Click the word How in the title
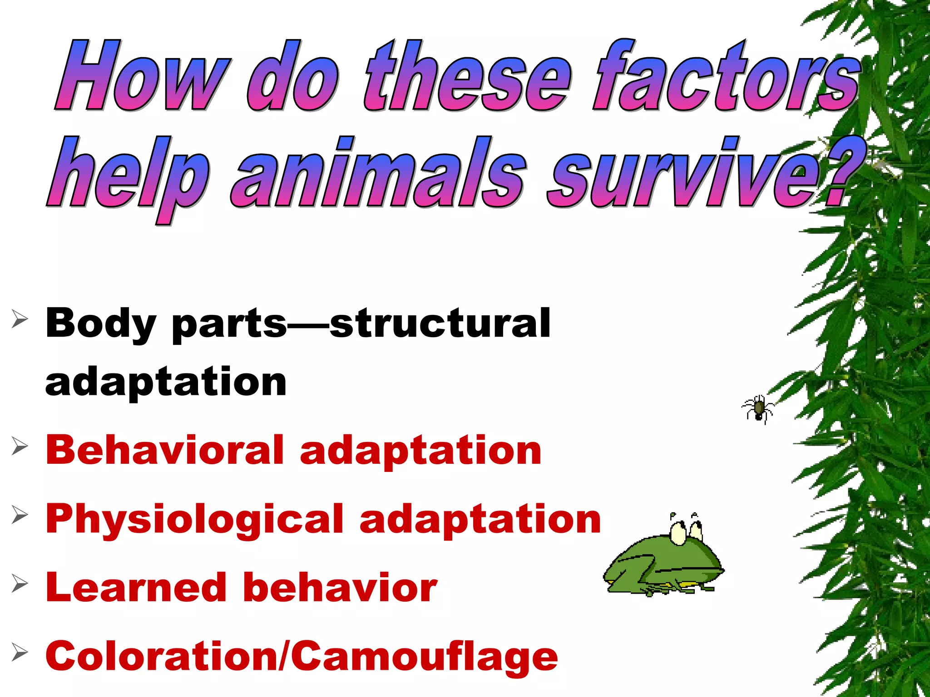coord(141,76)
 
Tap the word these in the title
coord(468,76)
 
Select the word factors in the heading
coord(727,76)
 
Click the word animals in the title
coord(379,172)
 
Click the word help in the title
coord(129,175)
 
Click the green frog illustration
coord(663,560)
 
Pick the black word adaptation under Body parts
coord(166,382)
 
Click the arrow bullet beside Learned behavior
coord(20,584)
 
